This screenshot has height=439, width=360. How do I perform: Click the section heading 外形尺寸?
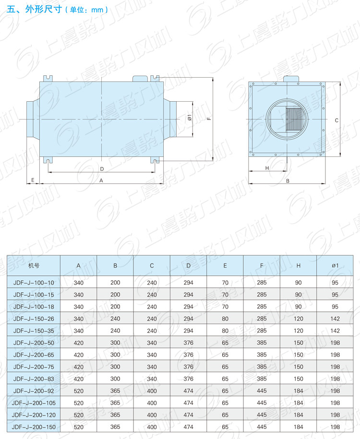[x=43, y=9]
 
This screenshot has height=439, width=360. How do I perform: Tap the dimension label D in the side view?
[x=102, y=169]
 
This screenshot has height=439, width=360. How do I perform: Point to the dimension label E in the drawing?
[x=33, y=180]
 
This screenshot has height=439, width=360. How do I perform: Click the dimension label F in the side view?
[x=209, y=119]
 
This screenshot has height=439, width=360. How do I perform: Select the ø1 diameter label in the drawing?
[x=190, y=118]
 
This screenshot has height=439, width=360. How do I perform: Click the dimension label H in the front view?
[x=267, y=168]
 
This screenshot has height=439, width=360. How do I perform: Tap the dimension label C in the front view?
[x=336, y=120]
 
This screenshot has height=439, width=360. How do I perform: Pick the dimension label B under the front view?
[x=288, y=181]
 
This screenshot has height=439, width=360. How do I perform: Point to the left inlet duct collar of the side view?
[x=33, y=119]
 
